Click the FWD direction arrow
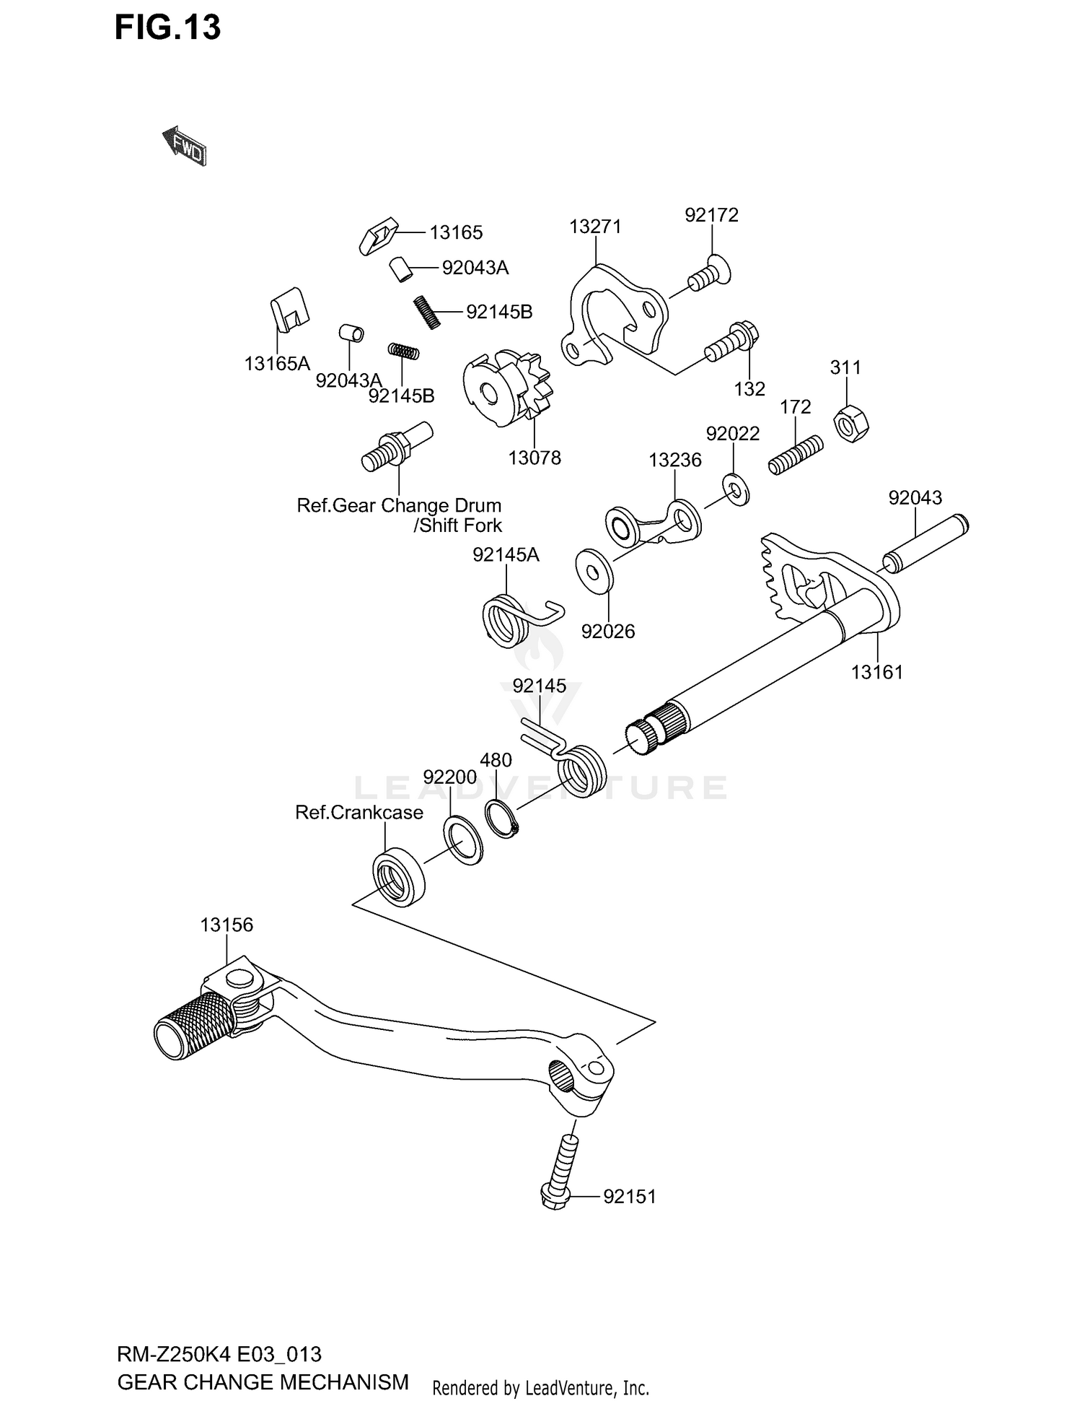click(185, 146)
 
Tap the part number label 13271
click(594, 227)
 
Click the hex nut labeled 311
click(851, 424)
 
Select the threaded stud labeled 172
click(795, 455)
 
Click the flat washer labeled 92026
click(594, 570)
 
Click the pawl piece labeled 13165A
click(290, 308)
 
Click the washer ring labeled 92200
click(462, 839)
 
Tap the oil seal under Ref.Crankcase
click(398, 878)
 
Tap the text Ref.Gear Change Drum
click(399, 505)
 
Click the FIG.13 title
click(167, 29)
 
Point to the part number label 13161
click(876, 672)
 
